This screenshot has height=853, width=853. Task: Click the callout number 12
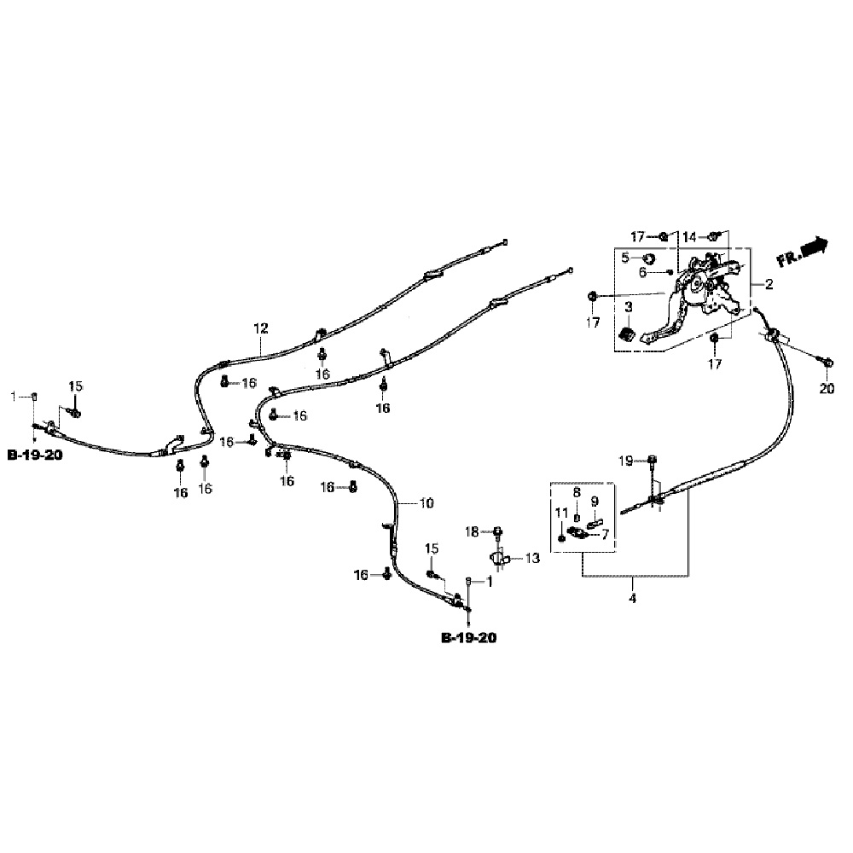pos(260,328)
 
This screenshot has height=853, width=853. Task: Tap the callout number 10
pos(426,503)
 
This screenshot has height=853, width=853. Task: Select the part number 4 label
pos(632,599)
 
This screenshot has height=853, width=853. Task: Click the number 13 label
pos(532,559)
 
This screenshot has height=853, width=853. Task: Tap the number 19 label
pos(626,461)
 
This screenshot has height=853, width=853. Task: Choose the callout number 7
pos(605,535)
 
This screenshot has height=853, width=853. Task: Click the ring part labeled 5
pos(648,258)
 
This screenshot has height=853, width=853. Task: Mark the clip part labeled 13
pos(497,558)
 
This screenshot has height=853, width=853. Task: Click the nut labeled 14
pos(715,235)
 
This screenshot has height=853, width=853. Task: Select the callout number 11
pos(560,513)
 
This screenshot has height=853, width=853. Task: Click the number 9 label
pos(595,501)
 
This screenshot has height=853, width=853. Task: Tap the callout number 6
pos(642,272)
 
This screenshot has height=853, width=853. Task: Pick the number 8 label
pos(577,493)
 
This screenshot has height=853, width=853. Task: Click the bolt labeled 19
pos(652,461)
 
